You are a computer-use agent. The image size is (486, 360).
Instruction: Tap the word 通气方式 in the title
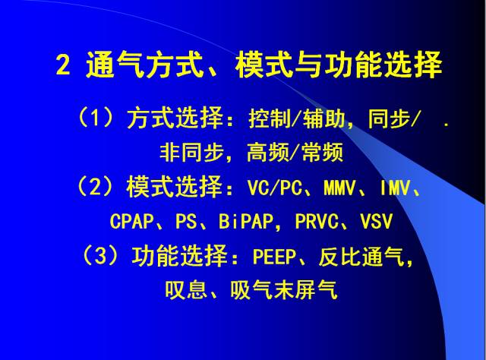132,66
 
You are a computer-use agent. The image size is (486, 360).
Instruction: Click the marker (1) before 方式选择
94,118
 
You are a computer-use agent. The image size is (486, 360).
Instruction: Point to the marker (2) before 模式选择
95,187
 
